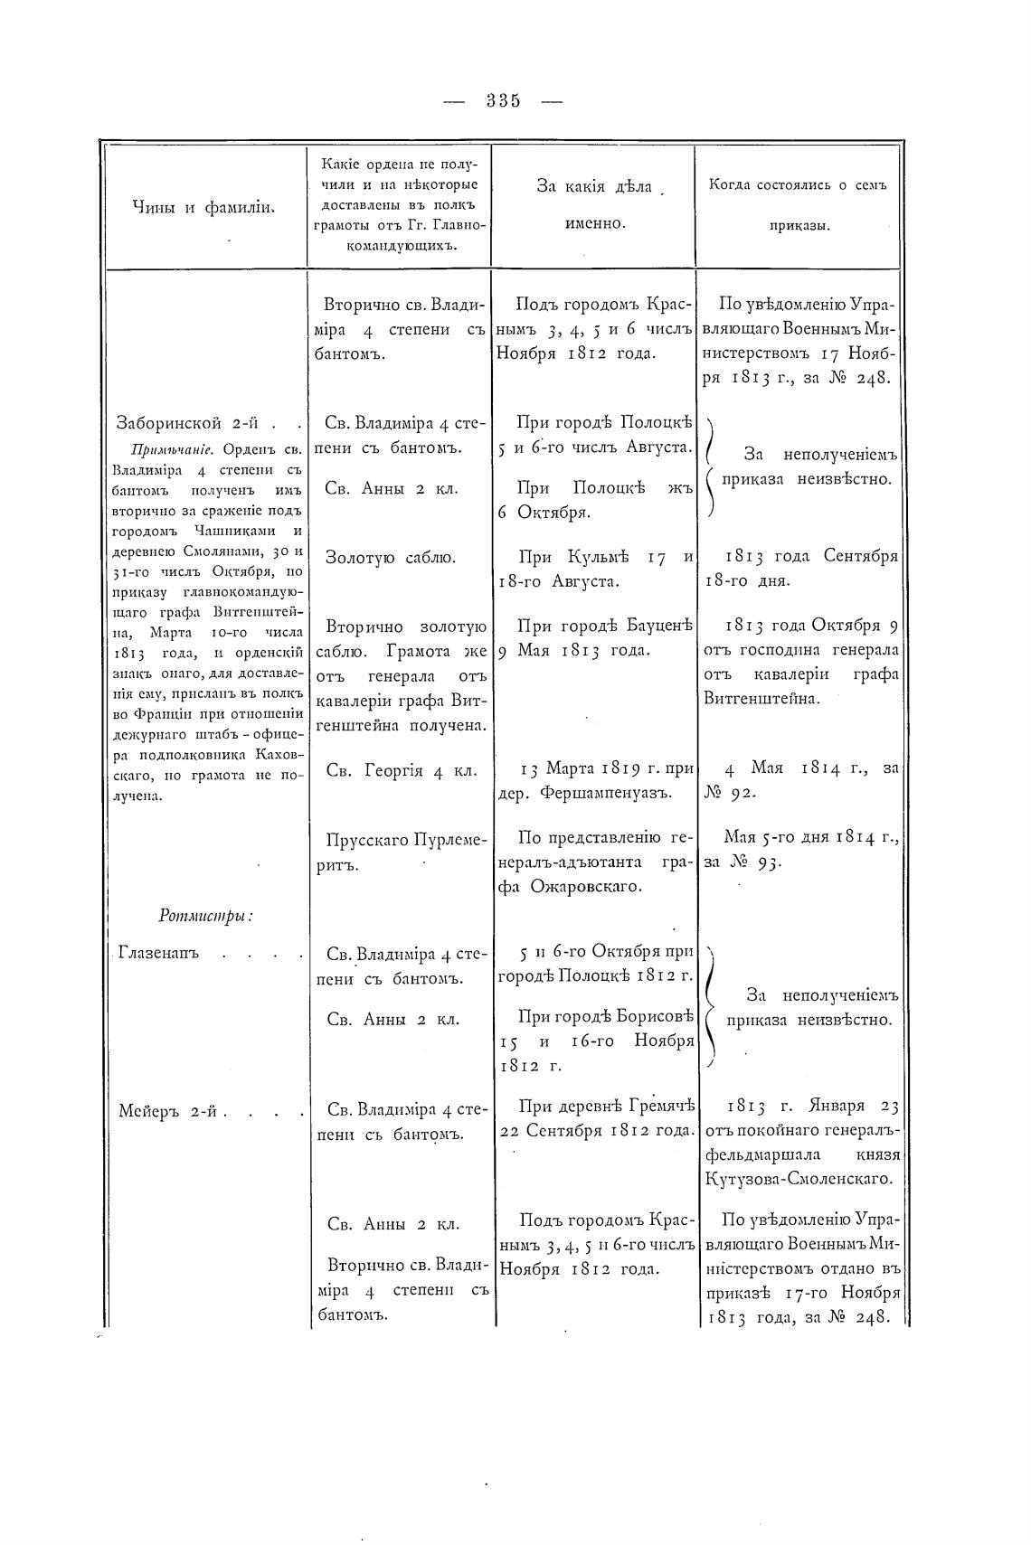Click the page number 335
click(x=503, y=101)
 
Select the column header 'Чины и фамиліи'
click(x=203, y=207)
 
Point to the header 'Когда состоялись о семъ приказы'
click(x=797, y=204)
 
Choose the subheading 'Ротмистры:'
click(x=205, y=916)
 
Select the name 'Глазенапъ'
click(x=158, y=954)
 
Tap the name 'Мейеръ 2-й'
click(x=172, y=1112)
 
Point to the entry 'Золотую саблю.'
click(x=391, y=558)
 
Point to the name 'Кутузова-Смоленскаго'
click(x=799, y=1178)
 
